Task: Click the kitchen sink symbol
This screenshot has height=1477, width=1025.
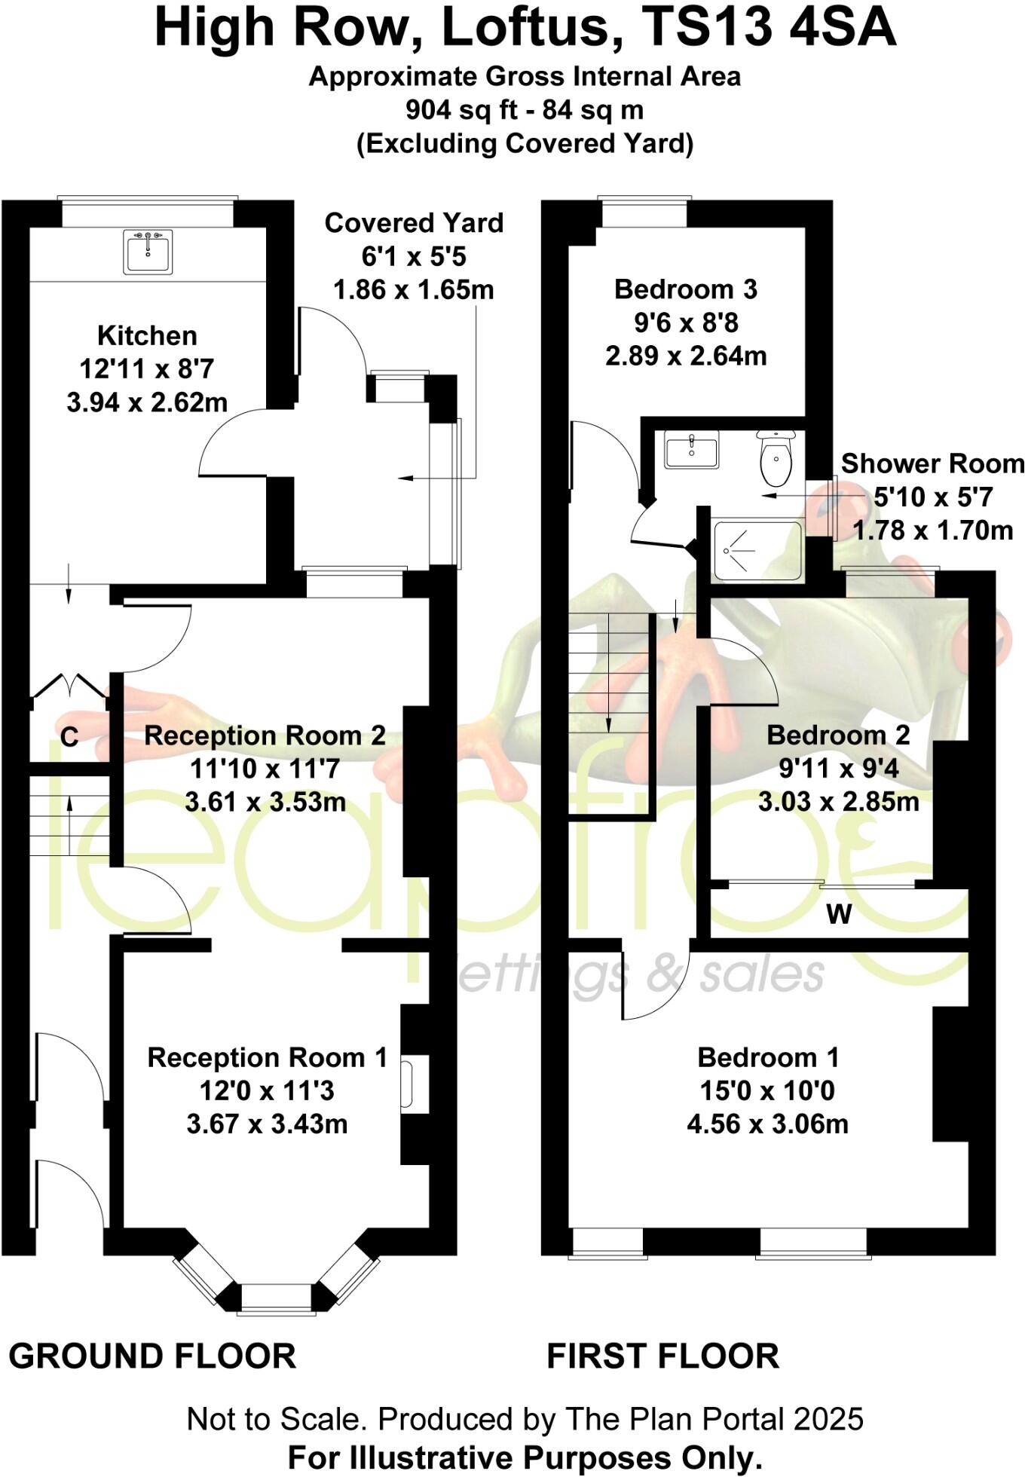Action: [148, 251]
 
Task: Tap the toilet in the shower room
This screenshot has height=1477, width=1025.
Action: [776, 459]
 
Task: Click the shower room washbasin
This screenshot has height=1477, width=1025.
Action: [691, 450]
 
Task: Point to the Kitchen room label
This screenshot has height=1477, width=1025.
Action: [147, 335]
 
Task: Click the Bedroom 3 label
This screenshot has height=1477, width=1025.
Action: [685, 289]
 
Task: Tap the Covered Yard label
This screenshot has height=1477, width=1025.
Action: [414, 223]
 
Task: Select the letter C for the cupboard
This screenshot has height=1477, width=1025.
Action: [69, 737]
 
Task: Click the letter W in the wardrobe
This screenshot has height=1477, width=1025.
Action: [839, 914]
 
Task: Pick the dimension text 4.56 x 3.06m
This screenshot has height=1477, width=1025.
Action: [767, 1124]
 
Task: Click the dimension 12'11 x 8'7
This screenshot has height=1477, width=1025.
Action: [147, 369]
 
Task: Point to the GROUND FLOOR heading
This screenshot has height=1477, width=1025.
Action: [152, 1356]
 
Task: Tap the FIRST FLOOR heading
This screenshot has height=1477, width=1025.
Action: [662, 1356]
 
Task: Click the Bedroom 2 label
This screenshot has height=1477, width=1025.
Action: [838, 735]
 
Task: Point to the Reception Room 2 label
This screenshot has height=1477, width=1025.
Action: [265, 735]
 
